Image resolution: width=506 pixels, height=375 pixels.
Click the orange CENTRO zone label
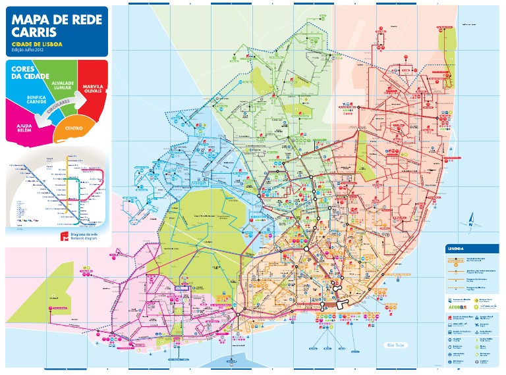(74, 128)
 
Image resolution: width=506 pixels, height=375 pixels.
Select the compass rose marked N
(471, 222)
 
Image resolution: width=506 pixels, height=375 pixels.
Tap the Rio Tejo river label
(395, 345)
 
